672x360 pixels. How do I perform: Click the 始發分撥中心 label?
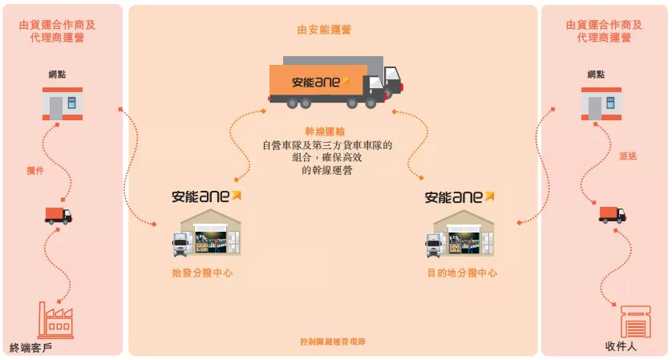click(x=203, y=273)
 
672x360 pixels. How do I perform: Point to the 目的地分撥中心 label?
click(x=462, y=273)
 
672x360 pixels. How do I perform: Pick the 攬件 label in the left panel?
click(x=35, y=170)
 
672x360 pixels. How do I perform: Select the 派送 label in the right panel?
click(x=628, y=156)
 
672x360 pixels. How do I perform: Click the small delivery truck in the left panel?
click(x=58, y=215)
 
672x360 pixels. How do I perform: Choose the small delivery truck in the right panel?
click(x=612, y=214)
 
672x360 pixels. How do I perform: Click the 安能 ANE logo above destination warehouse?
click(x=459, y=196)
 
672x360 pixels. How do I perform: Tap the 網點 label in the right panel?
click(x=596, y=75)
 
